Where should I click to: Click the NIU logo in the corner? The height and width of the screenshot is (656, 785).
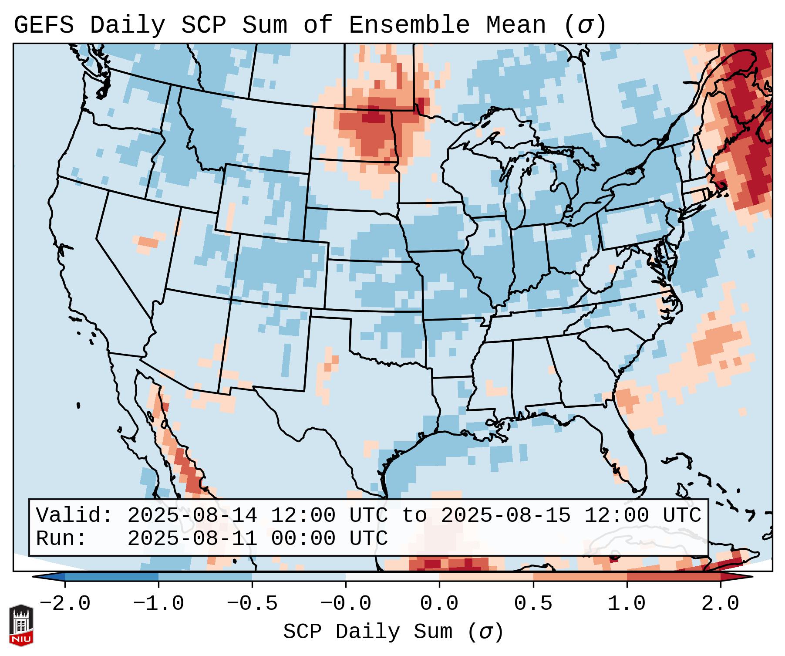pyautogui.click(x=20, y=626)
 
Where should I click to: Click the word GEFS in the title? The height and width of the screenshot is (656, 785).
pyautogui.click(x=44, y=25)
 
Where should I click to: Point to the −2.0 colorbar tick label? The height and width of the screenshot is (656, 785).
pyautogui.click(x=65, y=604)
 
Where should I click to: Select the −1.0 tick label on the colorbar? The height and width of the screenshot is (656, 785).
pyautogui.click(x=158, y=604)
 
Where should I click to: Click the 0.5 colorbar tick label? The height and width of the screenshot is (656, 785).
pyautogui.click(x=533, y=604)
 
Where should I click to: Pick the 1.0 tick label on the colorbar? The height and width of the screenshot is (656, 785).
pyautogui.click(x=627, y=604)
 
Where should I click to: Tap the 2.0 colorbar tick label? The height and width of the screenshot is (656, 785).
pyautogui.click(x=721, y=604)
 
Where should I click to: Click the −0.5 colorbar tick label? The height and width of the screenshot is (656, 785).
pyautogui.click(x=252, y=604)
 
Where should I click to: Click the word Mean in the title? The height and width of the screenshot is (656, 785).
pyautogui.click(x=515, y=25)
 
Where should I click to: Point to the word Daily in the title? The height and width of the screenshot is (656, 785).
pyautogui.click(x=128, y=25)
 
